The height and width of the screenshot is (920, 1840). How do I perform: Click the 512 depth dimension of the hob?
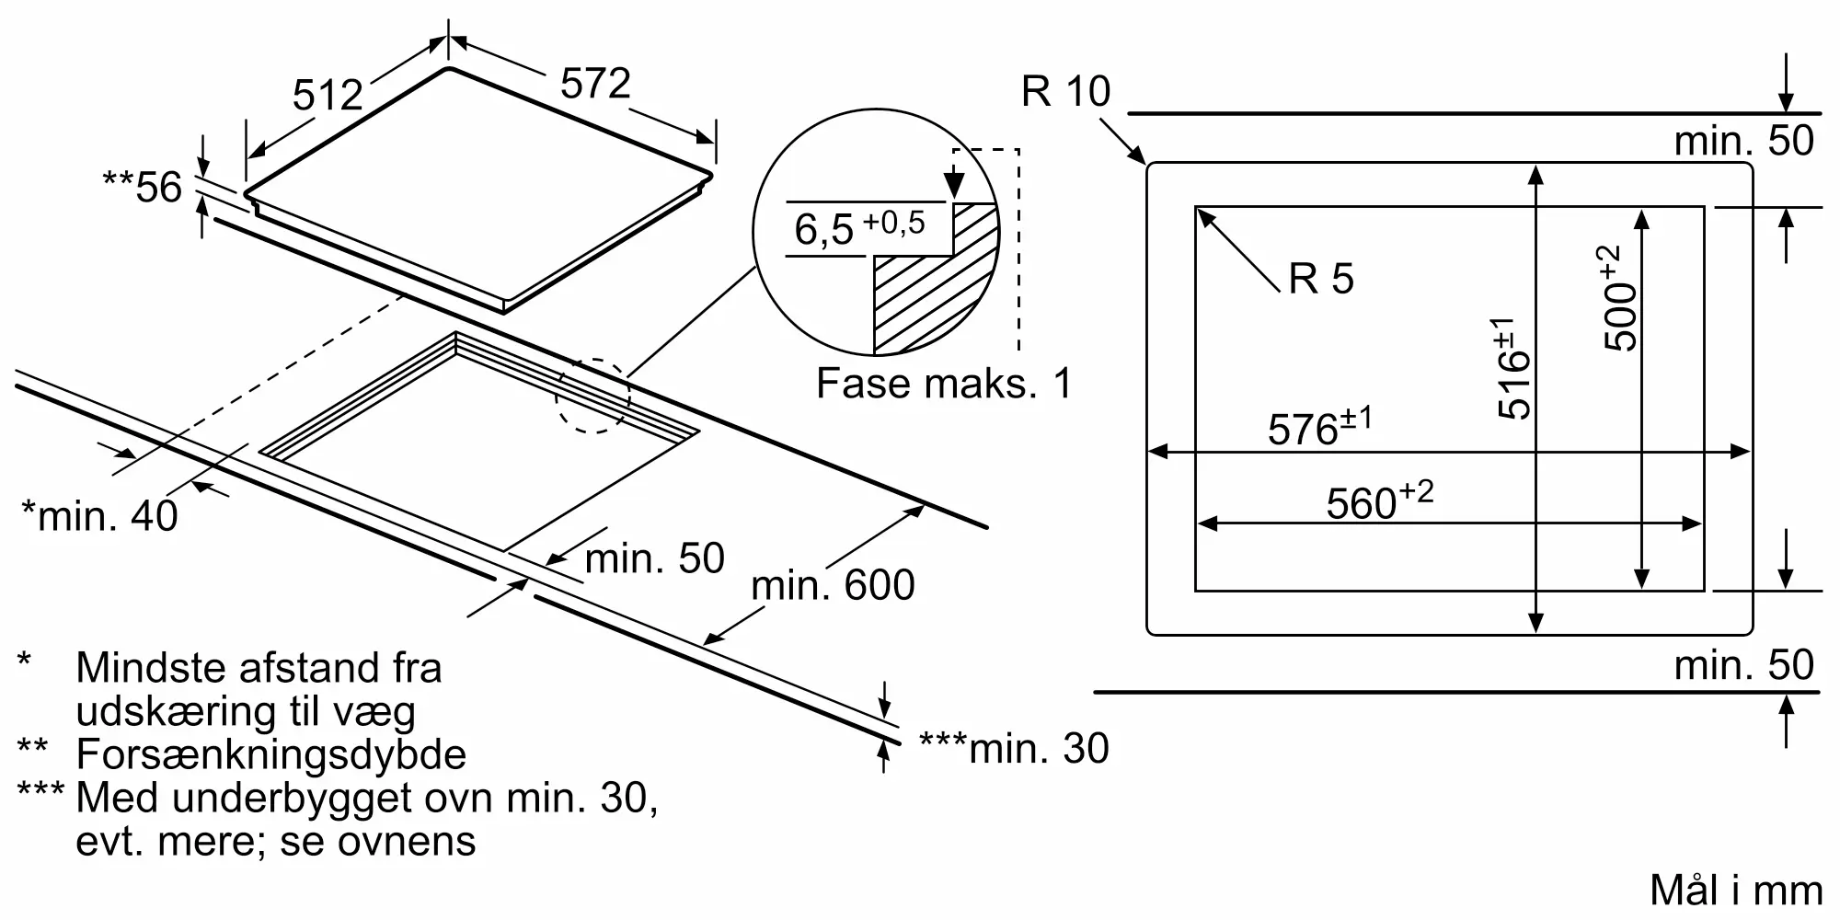328,95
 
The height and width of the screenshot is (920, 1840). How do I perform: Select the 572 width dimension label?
595,84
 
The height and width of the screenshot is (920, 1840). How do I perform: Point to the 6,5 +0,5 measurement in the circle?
859,226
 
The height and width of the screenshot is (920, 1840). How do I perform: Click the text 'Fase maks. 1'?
944,384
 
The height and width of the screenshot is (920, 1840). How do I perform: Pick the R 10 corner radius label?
1065,91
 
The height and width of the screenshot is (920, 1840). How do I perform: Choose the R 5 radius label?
1321,279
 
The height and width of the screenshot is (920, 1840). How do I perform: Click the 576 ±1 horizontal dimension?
1319,428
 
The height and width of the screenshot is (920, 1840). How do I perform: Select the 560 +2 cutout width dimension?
1379,501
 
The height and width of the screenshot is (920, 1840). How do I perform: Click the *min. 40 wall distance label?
99,516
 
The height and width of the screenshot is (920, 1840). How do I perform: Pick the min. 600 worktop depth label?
833,585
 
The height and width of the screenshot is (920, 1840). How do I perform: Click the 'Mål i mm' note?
1736,891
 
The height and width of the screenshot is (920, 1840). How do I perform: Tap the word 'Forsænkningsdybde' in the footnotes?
270,754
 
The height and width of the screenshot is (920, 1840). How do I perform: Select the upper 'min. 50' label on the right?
1743,141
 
